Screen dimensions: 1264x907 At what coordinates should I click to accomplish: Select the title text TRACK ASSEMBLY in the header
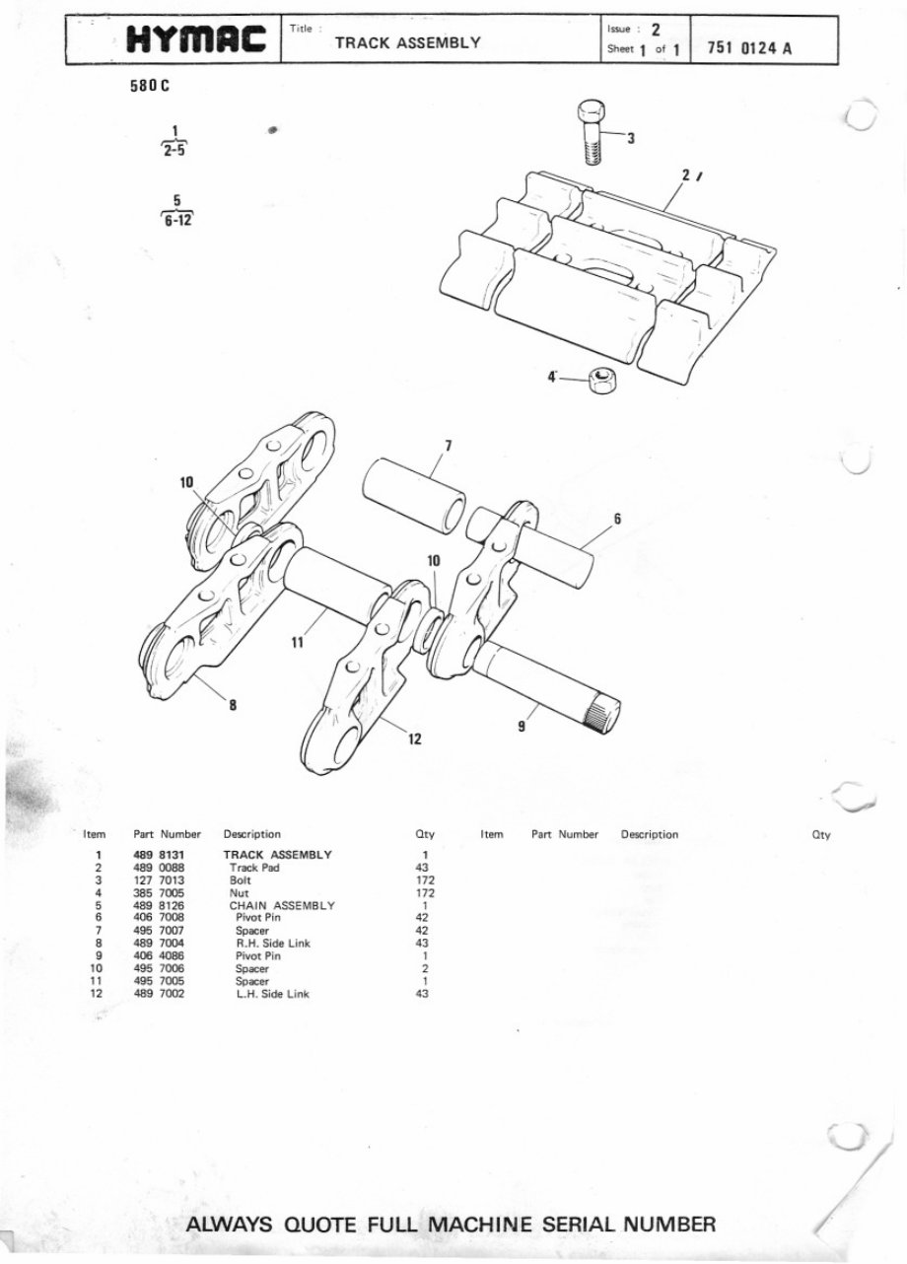pos(407,42)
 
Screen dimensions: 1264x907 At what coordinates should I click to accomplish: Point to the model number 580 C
pos(149,86)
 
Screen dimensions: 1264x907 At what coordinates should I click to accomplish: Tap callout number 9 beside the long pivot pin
pos(521,727)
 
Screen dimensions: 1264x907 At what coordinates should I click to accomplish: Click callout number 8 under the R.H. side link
pos(233,704)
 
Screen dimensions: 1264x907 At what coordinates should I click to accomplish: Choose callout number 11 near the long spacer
pos(298,642)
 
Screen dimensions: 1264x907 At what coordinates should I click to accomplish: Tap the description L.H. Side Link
pos(271,994)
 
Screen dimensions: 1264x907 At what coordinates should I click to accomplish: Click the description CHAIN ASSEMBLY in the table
pos(282,905)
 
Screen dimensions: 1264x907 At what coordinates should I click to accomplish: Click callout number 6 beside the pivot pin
pos(616,519)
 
